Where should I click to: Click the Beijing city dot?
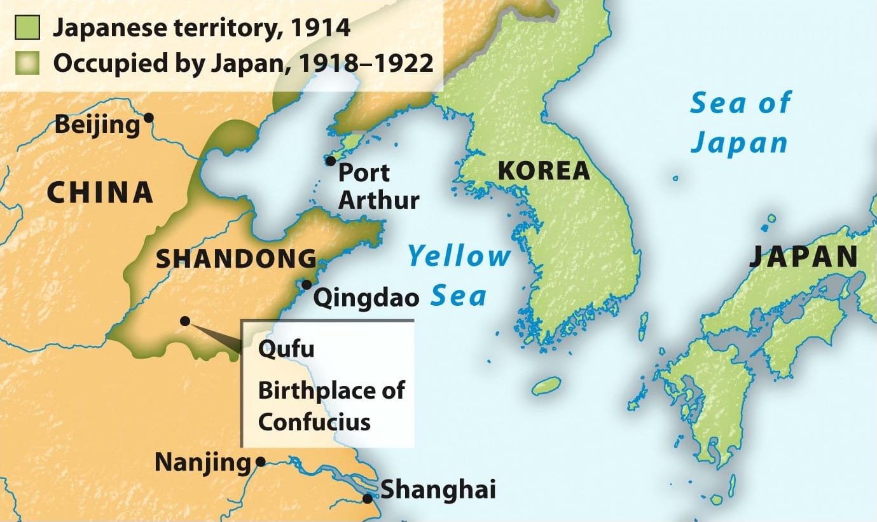coord(149,117)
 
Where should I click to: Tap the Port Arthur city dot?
coord(330,161)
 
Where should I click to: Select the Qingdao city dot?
coord(307,285)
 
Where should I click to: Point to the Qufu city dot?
coord(184,321)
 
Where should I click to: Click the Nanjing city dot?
coord(260,462)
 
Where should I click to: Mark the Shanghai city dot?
coord(368,498)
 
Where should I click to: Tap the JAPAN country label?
coord(803,256)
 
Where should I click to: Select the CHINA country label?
coord(100,193)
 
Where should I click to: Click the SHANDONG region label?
coord(237,259)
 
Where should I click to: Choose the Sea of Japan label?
coord(740,123)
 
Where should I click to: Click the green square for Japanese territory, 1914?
coord(28,28)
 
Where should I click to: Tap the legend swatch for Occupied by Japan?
coord(28,64)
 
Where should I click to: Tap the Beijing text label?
coord(97,125)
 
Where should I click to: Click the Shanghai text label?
coord(438,490)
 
